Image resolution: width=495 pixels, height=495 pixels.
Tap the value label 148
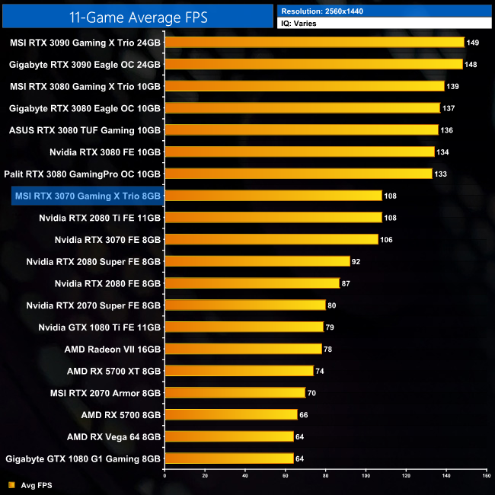(x=471, y=64)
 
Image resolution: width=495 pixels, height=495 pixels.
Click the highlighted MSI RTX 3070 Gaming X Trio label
(x=87, y=196)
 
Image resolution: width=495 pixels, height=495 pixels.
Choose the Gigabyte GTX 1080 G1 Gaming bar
(x=228, y=458)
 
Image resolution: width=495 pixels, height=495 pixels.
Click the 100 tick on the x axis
(x=365, y=475)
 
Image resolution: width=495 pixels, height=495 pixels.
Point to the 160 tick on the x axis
(x=485, y=475)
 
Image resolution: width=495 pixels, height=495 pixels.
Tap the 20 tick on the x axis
(x=204, y=475)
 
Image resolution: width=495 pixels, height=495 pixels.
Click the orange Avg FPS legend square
(x=12, y=484)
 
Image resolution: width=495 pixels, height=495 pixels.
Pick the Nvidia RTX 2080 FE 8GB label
(x=107, y=283)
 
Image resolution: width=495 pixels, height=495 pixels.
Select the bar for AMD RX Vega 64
(x=228, y=436)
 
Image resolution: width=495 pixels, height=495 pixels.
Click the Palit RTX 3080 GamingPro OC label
(x=83, y=174)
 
